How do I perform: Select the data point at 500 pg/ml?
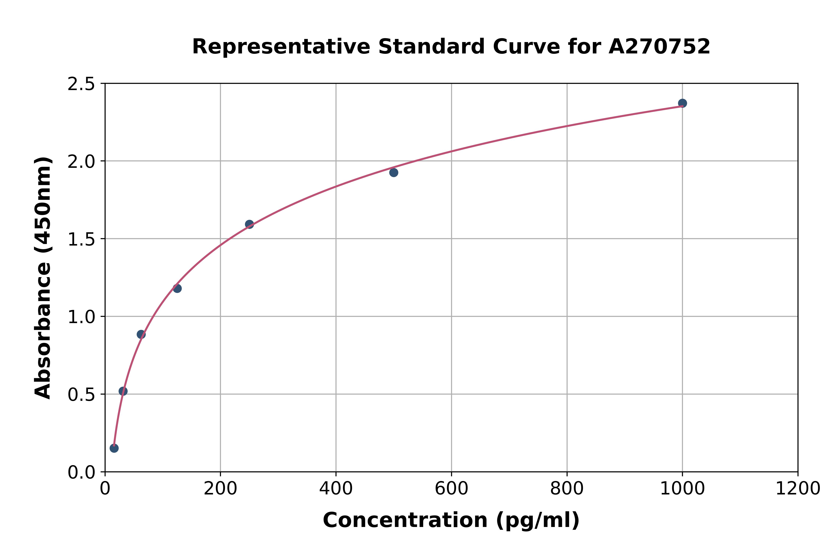(x=393, y=172)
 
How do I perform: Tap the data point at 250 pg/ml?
(x=249, y=224)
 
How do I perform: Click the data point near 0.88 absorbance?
(x=141, y=334)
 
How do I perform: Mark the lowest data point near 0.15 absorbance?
(x=114, y=448)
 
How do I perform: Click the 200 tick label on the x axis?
(x=220, y=489)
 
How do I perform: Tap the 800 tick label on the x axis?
(x=567, y=489)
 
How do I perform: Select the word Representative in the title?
(x=281, y=47)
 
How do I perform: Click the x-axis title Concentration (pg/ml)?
(x=451, y=520)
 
